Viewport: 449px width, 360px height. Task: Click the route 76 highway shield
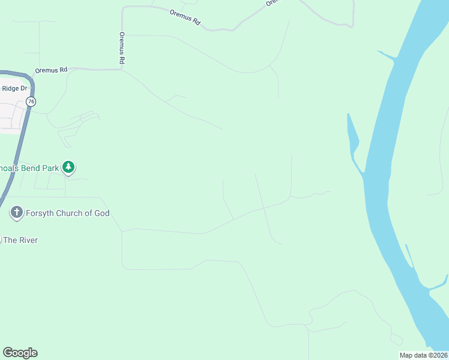31,101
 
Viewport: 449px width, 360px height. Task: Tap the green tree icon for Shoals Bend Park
69,167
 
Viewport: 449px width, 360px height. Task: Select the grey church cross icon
16,212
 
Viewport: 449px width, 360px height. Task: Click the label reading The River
20,240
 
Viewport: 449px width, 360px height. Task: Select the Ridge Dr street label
15,88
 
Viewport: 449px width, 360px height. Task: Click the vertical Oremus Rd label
122,48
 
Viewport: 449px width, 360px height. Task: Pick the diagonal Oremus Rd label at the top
185,17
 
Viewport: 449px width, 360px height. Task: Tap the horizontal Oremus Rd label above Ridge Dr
50,70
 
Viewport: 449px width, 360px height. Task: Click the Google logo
20,353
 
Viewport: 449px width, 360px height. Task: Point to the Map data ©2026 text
423,355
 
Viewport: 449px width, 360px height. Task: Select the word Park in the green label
51,168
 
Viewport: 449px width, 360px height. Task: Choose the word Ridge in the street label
11,88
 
